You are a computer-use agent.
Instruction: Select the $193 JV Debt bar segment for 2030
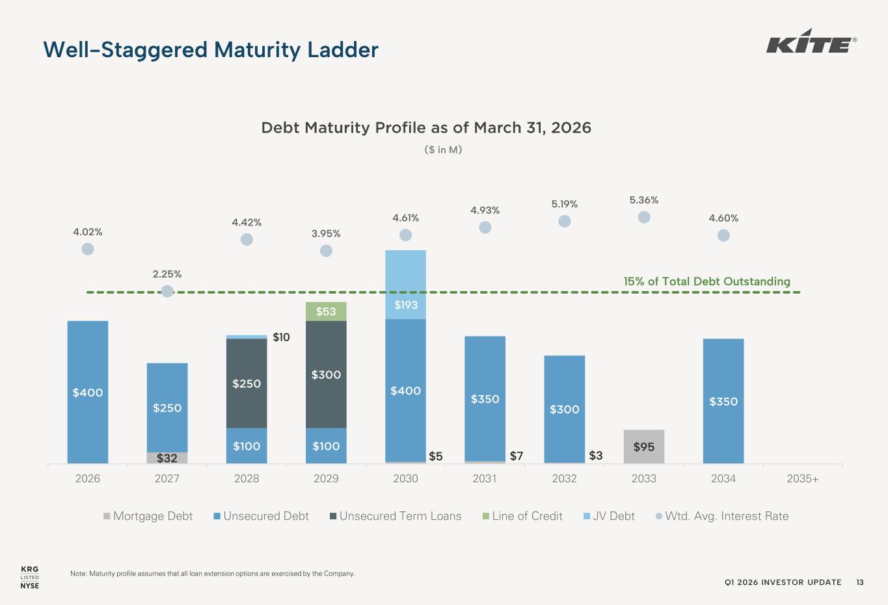[x=405, y=285]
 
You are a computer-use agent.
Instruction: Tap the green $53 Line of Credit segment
[x=326, y=311]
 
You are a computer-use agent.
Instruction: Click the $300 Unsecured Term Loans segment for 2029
[x=326, y=374]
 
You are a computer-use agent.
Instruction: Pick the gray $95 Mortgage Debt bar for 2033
[x=644, y=446]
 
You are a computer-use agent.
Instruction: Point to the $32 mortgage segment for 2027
[x=167, y=457]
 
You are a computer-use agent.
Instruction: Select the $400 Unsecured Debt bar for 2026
[x=88, y=392]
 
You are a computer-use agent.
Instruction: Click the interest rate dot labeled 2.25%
[x=167, y=291]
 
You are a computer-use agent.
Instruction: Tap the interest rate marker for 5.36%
[x=644, y=217]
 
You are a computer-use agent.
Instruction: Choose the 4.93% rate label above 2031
[x=485, y=210]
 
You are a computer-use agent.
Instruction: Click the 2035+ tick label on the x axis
[x=803, y=478]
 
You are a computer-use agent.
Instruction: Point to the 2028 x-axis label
[x=247, y=478]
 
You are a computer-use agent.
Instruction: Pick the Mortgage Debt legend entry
[x=148, y=516]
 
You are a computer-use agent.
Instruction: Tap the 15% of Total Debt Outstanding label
[x=706, y=281]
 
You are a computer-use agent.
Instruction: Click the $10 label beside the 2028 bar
[x=281, y=337]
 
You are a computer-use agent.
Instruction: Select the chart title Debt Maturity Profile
[x=426, y=127]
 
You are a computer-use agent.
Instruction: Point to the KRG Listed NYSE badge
[x=30, y=577]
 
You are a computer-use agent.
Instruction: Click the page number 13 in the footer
[x=860, y=582]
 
